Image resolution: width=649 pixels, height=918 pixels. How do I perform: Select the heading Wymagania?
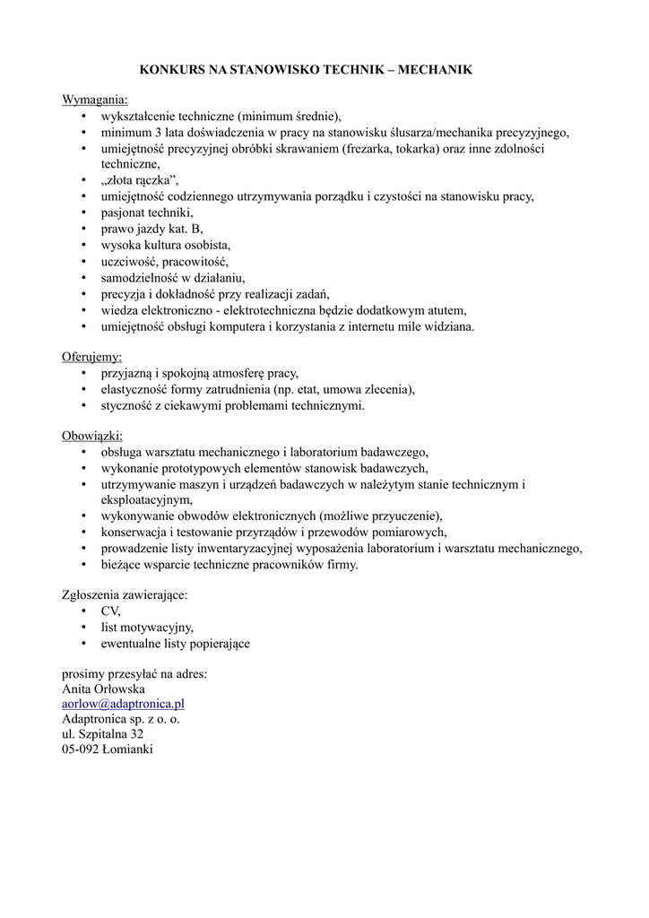(x=95, y=99)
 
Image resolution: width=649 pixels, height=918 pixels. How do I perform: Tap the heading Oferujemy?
(x=91, y=357)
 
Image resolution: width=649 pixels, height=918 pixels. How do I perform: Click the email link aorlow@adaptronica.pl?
(x=123, y=704)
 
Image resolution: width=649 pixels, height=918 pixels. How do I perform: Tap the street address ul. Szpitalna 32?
(x=102, y=734)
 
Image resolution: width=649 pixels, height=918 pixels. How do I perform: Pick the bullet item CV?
(x=111, y=611)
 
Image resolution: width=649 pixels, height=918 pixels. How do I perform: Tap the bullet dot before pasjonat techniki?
(x=83, y=212)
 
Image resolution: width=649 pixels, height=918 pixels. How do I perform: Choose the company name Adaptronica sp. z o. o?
(x=121, y=719)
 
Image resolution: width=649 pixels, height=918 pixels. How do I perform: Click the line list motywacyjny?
(x=147, y=627)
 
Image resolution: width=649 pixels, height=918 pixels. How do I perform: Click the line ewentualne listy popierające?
(x=175, y=643)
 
